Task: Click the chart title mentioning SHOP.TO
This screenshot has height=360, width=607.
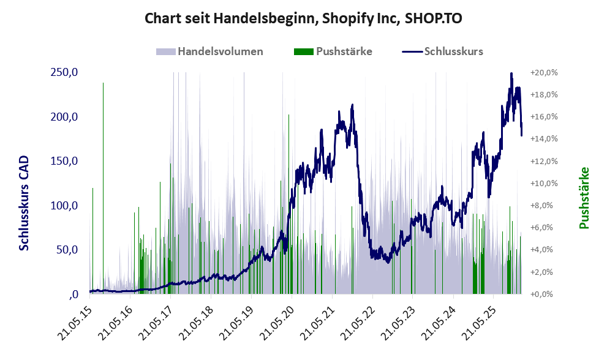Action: pyautogui.click(x=303, y=18)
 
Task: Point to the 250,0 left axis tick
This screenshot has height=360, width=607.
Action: pyautogui.click(x=64, y=72)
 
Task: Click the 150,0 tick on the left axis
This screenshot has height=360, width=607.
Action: pyautogui.click(x=64, y=161)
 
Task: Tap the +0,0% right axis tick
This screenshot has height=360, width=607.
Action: pyautogui.click(x=545, y=294)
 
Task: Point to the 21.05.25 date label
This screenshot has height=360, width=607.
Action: pyautogui.click(x=480, y=319)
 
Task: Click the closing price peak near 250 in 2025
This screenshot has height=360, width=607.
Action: pyautogui.click(x=511, y=74)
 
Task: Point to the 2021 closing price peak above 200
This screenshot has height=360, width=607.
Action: pyautogui.click(x=352, y=106)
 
